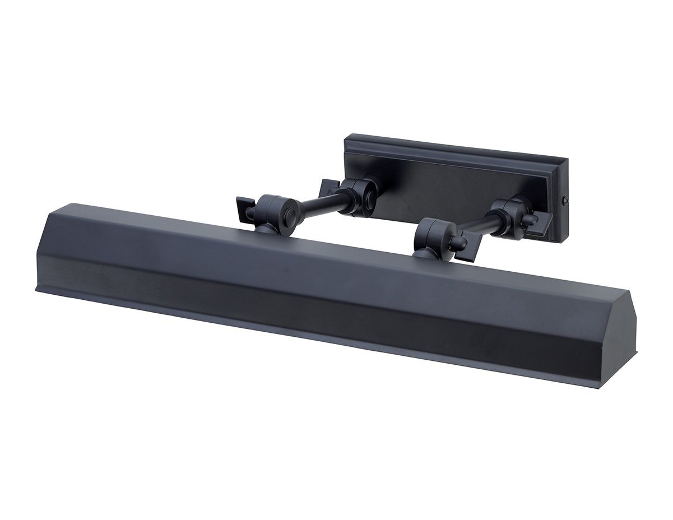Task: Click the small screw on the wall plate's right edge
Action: [565, 200]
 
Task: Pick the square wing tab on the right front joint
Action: [466, 247]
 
